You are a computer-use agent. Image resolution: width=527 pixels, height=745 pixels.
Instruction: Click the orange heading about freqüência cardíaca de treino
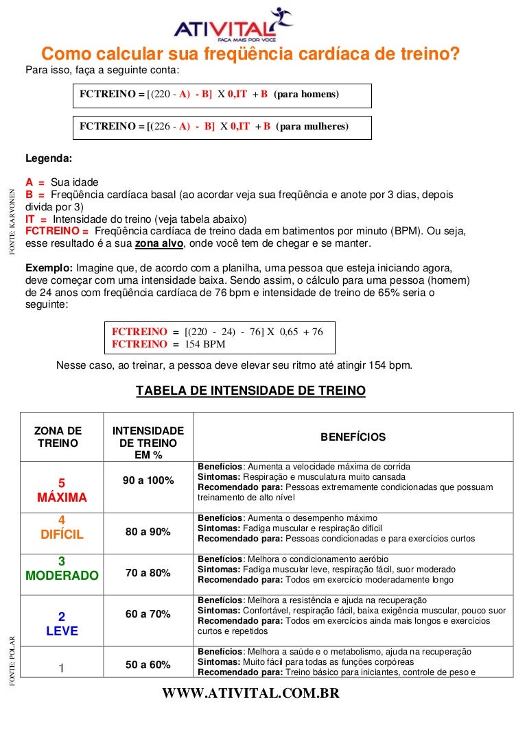(250, 54)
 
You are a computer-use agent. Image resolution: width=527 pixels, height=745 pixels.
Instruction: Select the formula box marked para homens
(223, 95)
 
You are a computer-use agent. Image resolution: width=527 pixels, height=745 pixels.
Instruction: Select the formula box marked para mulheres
(223, 127)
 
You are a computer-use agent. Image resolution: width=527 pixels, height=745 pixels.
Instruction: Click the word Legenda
(48, 158)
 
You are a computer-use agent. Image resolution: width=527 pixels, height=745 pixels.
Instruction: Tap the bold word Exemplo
(49, 267)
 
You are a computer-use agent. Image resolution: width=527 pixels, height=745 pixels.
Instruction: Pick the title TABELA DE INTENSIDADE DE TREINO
(250, 391)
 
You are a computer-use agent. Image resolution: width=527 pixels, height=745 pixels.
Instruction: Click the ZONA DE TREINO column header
(58, 437)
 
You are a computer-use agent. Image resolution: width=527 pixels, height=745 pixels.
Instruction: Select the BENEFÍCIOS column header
(353, 437)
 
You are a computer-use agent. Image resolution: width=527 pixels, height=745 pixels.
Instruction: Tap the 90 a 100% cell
(148, 480)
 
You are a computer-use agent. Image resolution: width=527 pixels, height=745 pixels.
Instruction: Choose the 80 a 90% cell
(148, 532)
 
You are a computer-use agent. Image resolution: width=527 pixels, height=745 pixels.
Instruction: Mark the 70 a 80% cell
(148, 573)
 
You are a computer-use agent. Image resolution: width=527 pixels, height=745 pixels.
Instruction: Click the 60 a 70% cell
(148, 614)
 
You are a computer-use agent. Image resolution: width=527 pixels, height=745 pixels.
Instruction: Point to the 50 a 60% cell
(148, 665)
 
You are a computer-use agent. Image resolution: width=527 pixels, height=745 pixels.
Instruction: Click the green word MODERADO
(62, 576)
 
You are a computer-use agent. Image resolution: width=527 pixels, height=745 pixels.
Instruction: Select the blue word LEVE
(62, 631)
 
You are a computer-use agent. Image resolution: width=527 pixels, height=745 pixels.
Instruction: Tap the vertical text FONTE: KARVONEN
(12, 223)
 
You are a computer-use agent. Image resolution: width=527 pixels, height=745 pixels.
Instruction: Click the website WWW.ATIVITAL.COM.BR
(250, 694)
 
